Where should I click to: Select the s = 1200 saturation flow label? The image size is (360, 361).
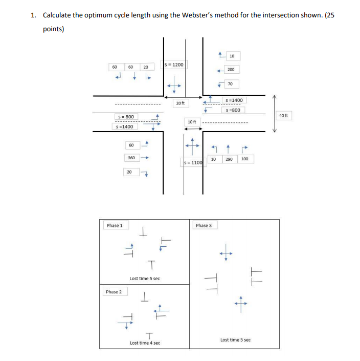tap(174, 65)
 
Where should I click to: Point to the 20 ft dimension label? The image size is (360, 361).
tap(179, 103)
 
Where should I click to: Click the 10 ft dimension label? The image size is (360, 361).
tap(191, 121)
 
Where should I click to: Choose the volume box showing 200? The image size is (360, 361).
tap(231, 69)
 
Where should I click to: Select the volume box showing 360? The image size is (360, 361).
tap(131, 158)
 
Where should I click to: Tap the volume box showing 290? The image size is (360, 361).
tap(229, 159)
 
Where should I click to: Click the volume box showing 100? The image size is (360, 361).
tap(244, 159)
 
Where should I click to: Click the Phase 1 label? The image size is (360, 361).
tap(114, 225)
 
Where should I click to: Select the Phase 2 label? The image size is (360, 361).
tap(114, 292)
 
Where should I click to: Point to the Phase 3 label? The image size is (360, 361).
tap(203, 225)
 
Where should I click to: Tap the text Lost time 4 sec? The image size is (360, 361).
tap(145, 343)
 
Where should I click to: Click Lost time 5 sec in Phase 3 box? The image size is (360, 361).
tap(235, 339)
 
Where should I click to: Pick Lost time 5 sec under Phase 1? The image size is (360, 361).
tap(145, 279)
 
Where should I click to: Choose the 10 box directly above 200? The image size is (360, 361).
tap(231, 55)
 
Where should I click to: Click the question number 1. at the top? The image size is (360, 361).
tap(33, 15)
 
